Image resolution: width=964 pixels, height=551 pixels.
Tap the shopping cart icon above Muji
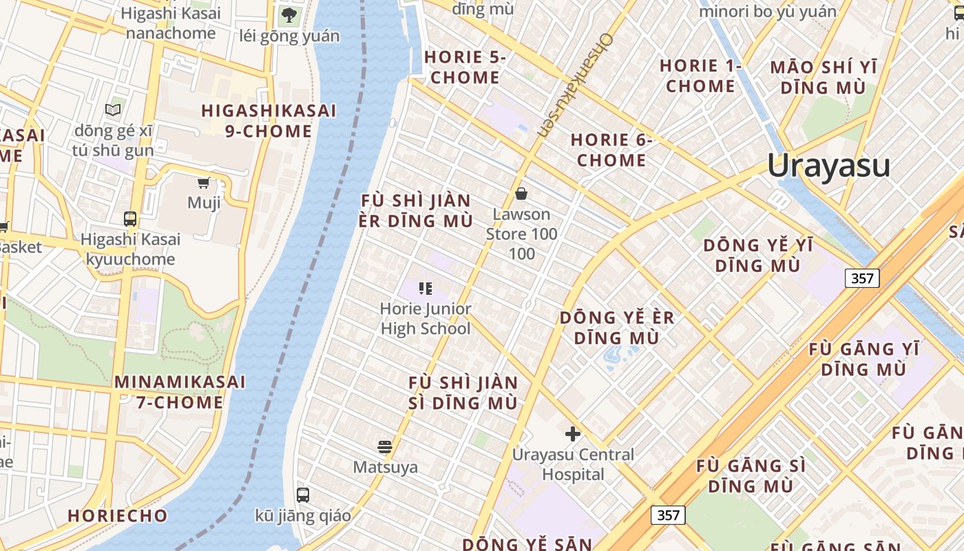tap(203, 183)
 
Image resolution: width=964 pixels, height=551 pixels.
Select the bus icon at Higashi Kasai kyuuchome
tap(129, 219)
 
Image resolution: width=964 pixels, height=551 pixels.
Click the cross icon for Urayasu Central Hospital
tap(572, 434)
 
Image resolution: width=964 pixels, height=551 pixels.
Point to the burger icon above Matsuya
tap(385, 446)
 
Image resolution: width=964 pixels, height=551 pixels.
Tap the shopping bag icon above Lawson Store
tap(521, 194)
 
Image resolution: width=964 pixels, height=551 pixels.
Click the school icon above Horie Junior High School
tap(425, 289)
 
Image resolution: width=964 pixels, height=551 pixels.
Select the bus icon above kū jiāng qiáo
tap(302, 495)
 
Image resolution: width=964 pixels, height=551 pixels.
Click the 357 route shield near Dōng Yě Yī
tap(861, 278)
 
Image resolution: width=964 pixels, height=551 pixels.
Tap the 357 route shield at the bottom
tap(668, 515)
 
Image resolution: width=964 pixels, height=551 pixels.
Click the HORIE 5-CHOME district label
tap(465, 67)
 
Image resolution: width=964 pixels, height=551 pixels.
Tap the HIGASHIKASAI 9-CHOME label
tap(269, 121)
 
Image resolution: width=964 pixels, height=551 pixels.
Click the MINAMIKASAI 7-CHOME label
tap(179, 392)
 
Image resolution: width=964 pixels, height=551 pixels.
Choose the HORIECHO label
tap(117, 516)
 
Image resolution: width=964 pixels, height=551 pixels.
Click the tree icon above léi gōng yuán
tap(289, 14)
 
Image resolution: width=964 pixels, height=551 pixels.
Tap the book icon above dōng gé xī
tap(113, 110)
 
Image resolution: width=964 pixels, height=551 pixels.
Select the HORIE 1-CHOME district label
tap(700, 76)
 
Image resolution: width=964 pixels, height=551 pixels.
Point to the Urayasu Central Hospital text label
tap(573, 464)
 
